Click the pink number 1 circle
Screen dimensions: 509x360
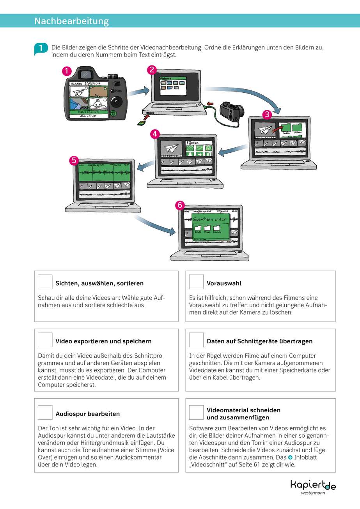tap(67, 71)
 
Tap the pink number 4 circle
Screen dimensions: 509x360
tap(155, 134)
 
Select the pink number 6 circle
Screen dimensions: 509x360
tap(179, 205)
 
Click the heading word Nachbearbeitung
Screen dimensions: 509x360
tap(72, 21)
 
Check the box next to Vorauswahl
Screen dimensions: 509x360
tap(196, 282)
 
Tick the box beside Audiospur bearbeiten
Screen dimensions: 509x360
tap(45, 413)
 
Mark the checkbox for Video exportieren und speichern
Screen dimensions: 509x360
tap(45, 340)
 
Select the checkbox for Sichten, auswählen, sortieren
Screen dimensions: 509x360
tap(45, 282)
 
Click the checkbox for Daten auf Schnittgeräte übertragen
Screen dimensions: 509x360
tap(196, 340)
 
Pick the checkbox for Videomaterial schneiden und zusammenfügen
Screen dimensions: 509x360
tap(196, 413)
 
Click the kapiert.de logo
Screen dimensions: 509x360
tap(313, 484)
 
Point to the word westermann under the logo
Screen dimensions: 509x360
tap(313, 493)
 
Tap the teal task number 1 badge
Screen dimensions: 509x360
tap(41, 49)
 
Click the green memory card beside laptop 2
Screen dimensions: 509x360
tap(141, 123)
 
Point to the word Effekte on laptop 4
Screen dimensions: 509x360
tap(192, 143)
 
